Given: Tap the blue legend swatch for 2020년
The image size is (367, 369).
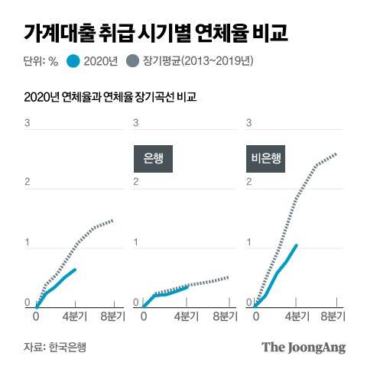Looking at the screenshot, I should tap(74, 61).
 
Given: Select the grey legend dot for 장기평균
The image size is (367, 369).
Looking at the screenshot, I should tap(133, 61).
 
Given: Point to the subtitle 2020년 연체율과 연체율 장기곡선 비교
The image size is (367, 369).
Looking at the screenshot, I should tap(109, 97).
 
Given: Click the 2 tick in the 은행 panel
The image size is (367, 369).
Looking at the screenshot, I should tap(137, 183).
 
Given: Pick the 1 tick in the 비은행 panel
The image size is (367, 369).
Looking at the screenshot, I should tap(248, 244).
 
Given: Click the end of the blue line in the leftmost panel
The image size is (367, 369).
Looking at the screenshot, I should tap(75, 269).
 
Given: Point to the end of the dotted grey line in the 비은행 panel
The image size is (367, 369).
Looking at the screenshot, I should tap(336, 154).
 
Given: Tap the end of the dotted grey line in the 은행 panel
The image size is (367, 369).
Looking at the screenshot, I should tap(228, 277).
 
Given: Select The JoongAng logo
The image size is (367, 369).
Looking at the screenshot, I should tap(304, 347).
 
